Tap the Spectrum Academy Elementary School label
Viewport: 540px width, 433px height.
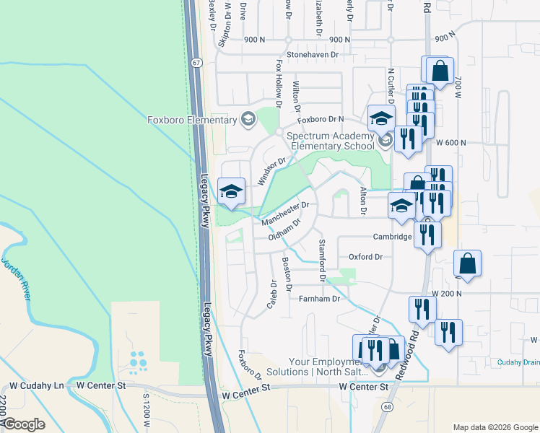click(331, 140)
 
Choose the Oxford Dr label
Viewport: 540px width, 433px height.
click(365, 256)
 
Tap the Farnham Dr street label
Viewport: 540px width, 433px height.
click(319, 299)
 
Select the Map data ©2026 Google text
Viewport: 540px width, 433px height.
click(495, 427)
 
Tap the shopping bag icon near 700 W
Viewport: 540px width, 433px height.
click(440, 71)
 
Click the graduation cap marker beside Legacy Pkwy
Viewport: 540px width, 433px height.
click(231, 191)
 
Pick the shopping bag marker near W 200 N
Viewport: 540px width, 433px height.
click(467, 263)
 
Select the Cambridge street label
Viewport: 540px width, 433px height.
click(392, 237)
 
